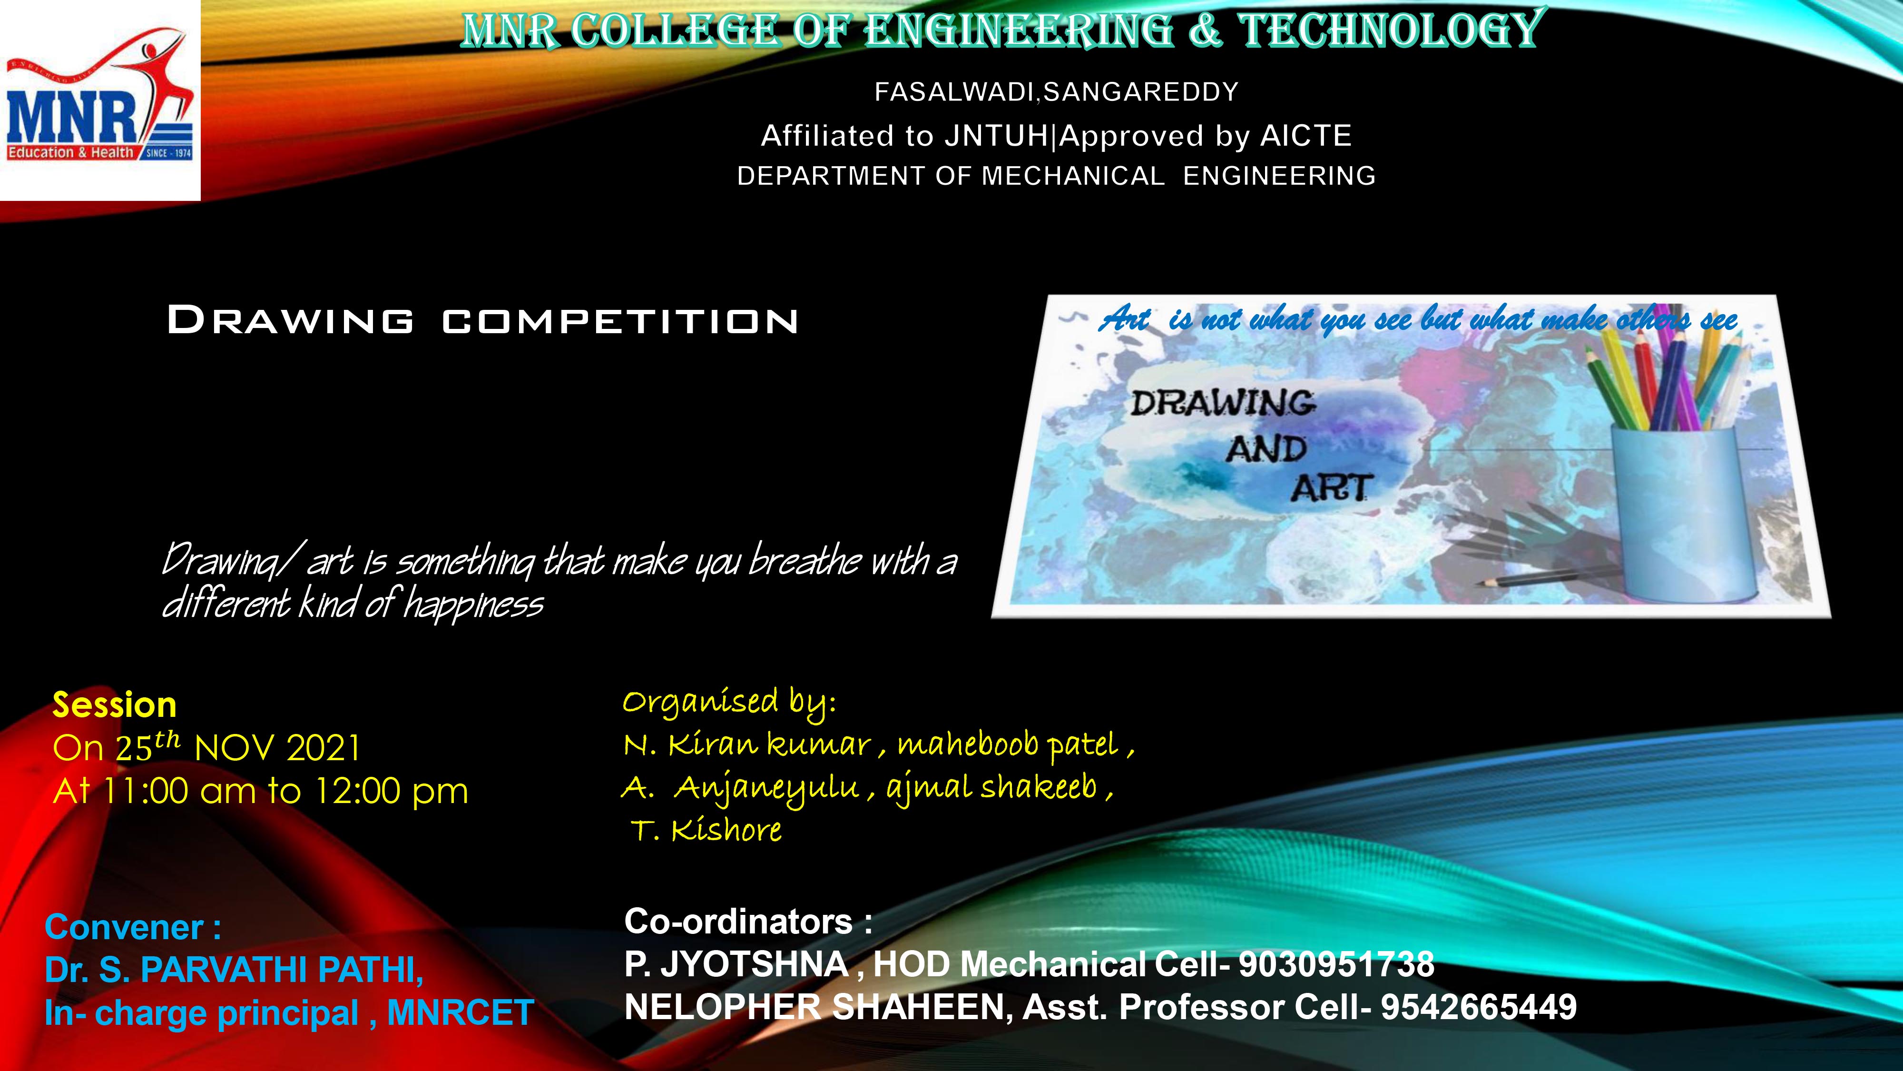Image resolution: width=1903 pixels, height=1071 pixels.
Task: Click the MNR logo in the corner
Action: [100, 100]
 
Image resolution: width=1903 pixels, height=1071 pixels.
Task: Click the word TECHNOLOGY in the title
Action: [1389, 30]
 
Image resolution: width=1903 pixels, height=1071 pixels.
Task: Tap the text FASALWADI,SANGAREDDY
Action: [1056, 92]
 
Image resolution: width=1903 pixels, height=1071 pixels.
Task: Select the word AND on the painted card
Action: [1266, 449]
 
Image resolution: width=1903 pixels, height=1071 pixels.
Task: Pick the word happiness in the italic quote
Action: [473, 605]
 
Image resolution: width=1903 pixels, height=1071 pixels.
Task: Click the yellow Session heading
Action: [115, 705]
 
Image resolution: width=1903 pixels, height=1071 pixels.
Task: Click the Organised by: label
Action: [729, 702]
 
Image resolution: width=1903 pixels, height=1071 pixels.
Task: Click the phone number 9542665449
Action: [1479, 1007]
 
